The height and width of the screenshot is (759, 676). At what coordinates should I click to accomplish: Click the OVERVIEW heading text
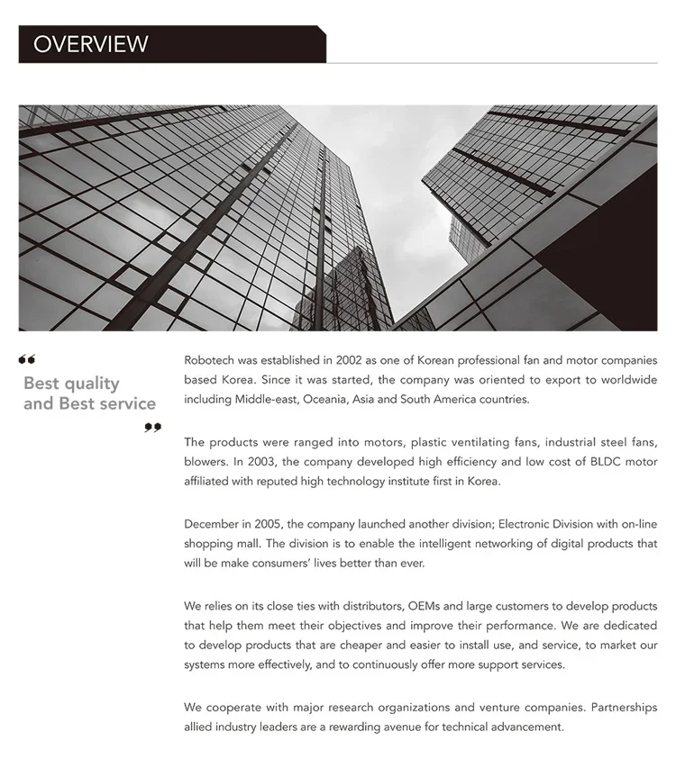pos(90,44)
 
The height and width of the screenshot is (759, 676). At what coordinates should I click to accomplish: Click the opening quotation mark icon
pos(27,360)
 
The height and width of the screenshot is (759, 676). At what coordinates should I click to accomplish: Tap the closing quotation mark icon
pos(152,427)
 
